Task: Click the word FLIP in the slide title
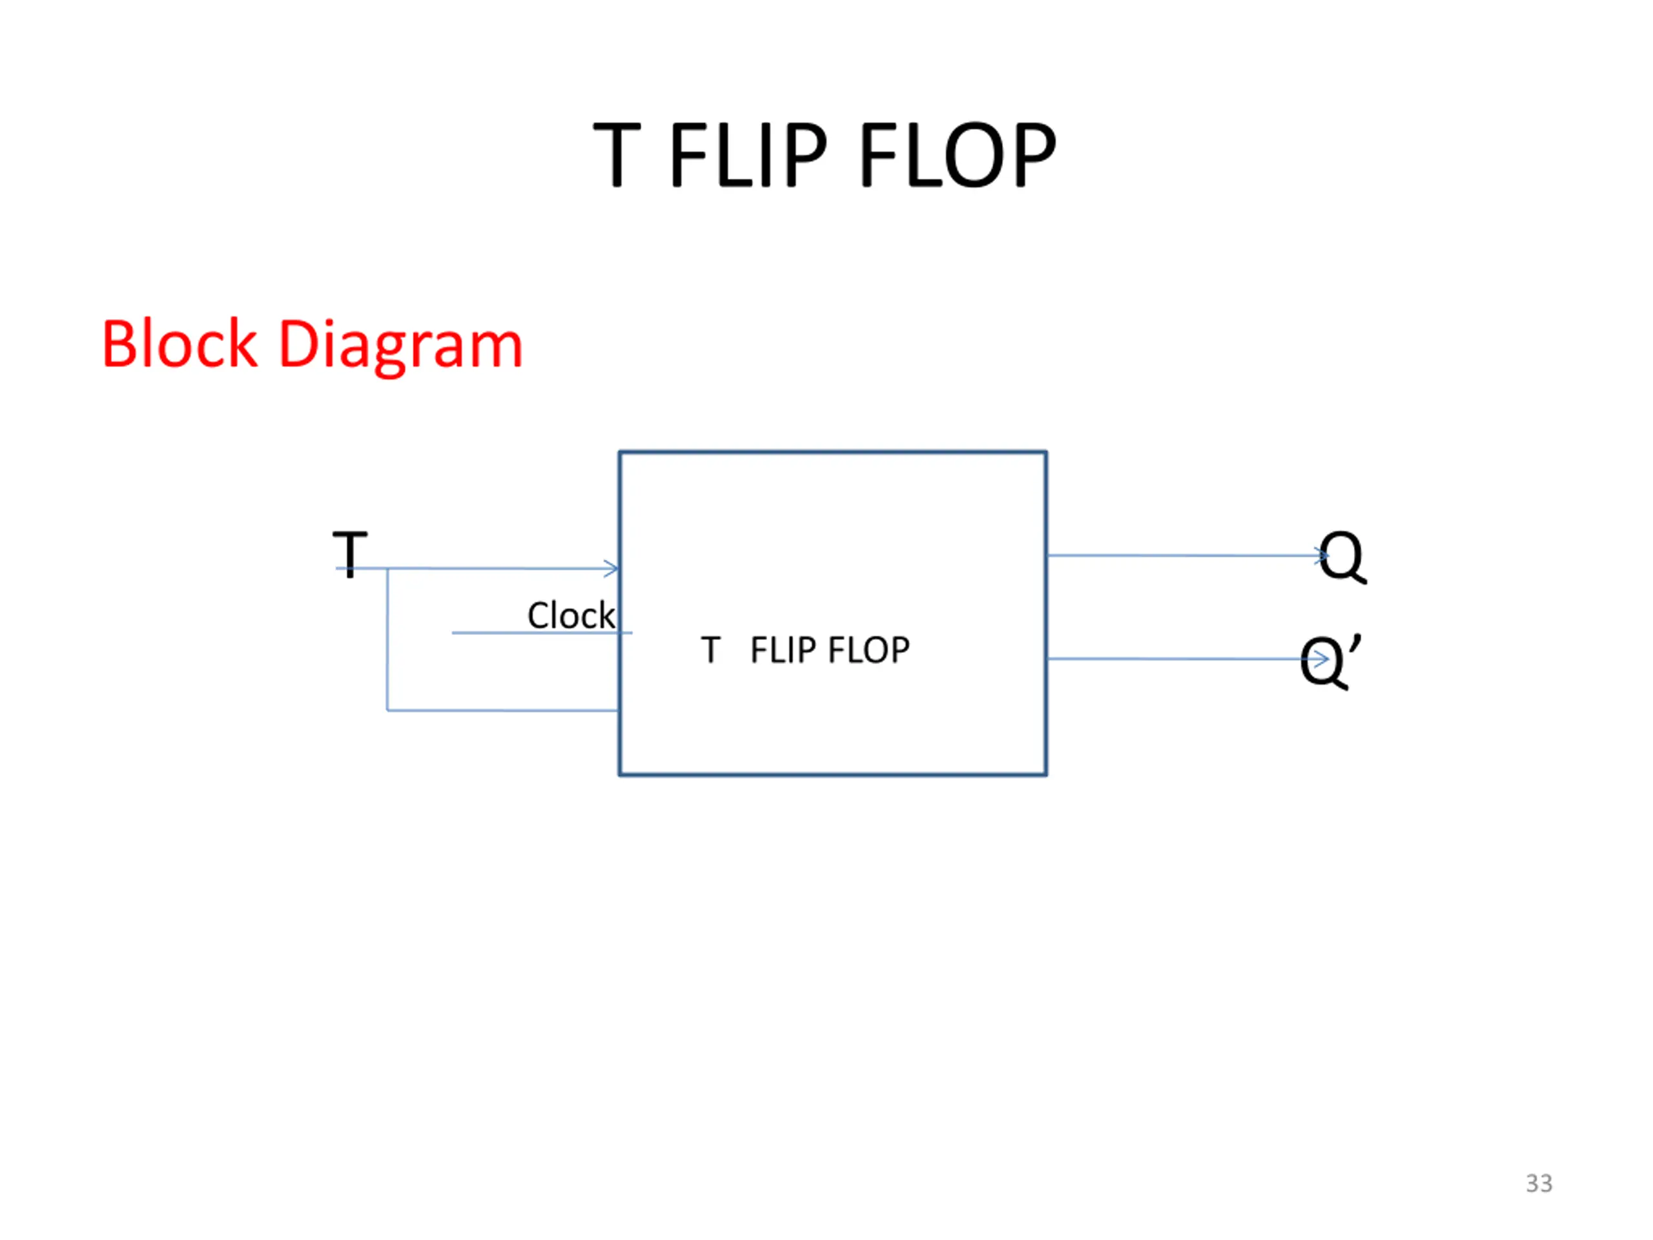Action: point(749,155)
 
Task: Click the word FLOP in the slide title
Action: point(959,155)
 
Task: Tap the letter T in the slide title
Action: point(617,155)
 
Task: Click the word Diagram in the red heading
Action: point(400,348)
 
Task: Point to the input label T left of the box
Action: point(350,554)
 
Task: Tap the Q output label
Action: point(1342,557)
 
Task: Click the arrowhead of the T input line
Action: point(612,569)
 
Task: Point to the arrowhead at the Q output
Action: point(1322,555)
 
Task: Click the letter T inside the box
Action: point(711,650)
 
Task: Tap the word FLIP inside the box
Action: point(783,650)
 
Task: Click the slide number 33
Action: point(1539,1183)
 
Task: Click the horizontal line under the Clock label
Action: point(542,633)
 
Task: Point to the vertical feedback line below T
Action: point(387,639)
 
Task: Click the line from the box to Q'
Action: point(1188,659)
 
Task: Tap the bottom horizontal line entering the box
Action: point(503,710)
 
